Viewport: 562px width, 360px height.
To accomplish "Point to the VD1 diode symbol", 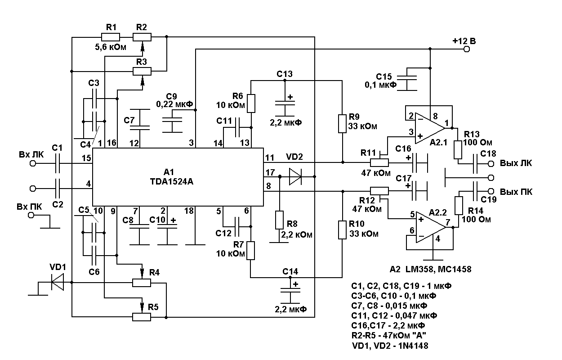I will point(57,283).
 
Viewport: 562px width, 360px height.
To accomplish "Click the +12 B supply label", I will point(464,41).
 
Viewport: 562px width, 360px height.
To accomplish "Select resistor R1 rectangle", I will point(110,37).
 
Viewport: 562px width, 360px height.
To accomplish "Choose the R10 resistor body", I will point(343,229).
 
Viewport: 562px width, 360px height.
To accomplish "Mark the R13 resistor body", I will point(458,150).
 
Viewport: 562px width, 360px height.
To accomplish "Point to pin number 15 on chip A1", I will point(87,159).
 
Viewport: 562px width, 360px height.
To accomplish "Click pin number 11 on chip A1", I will point(269,158).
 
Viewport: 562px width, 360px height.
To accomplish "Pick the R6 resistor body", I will point(251,103).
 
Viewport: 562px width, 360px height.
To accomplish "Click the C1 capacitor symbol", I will point(58,164).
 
